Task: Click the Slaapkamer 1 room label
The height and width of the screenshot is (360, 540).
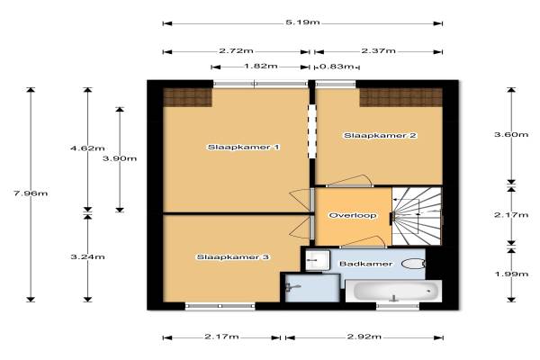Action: click(244, 148)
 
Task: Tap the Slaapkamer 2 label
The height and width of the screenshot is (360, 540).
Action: click(380, 135)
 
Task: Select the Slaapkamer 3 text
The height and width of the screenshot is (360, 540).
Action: click(233, 257)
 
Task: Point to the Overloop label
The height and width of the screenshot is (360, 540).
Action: click(353, 216)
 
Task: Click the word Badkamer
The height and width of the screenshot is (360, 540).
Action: click(365, 264)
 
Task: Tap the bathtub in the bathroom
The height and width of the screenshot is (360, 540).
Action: click(393, 292)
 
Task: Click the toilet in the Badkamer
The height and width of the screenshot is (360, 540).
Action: click(413, 264)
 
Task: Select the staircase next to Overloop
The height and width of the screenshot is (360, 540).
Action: click(417, 216)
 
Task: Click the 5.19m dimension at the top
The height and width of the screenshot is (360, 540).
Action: click(302, 22)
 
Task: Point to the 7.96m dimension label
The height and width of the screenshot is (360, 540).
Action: click(31, 193)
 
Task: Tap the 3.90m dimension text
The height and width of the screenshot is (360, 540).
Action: click(120, 158)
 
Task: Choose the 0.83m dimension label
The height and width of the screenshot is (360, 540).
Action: click(337, 66)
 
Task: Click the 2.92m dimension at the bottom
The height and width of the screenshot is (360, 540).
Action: click(364, 337)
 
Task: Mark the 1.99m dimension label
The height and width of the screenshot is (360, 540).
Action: click(511, 274)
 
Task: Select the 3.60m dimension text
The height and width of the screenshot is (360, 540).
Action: click(511, 134)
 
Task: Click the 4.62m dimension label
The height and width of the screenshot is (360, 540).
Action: click(87, 148)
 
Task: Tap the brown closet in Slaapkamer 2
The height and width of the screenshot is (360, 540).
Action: click(400, 97)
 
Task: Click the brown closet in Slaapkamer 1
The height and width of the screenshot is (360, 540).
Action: click(187, 97)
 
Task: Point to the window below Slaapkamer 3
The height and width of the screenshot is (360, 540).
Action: click(220, 306)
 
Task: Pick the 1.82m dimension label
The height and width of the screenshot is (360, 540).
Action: click(261, 66)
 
